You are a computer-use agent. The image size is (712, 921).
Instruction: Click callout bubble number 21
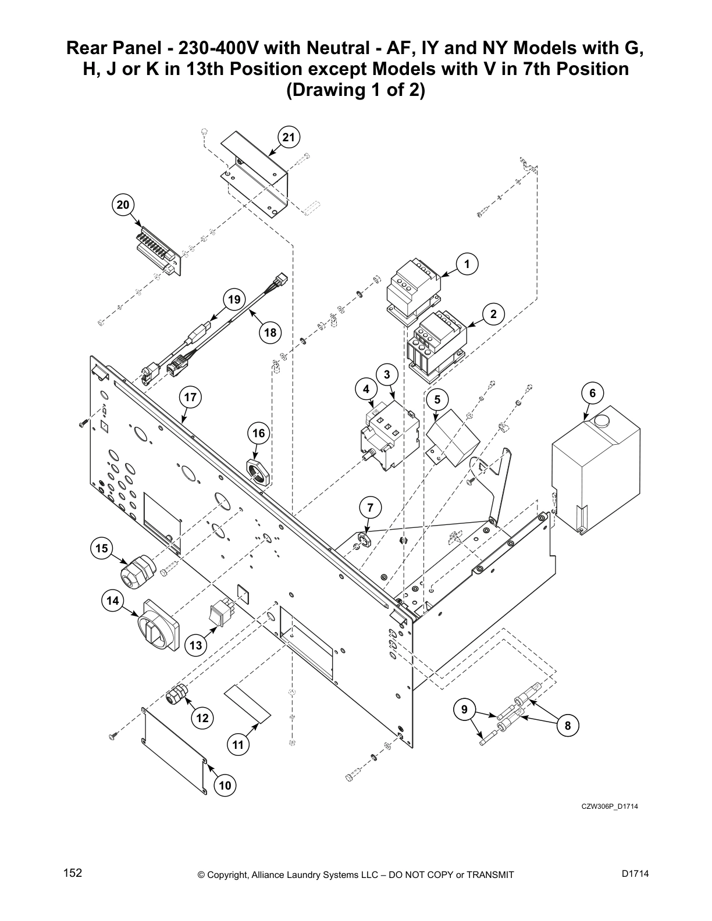point(289,138)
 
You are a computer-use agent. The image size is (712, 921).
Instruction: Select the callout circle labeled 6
point(592,394)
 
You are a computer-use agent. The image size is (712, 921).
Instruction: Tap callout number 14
point(112,600)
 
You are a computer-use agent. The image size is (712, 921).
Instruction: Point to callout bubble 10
point(225,786)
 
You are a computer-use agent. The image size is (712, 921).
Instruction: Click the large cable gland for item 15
point(138,569)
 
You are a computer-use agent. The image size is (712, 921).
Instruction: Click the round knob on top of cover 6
point(600,420)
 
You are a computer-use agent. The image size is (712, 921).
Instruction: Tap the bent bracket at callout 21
point(256,169)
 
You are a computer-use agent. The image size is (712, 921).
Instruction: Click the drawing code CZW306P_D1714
point(610,806)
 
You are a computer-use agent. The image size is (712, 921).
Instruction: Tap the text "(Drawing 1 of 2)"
point(355,91)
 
